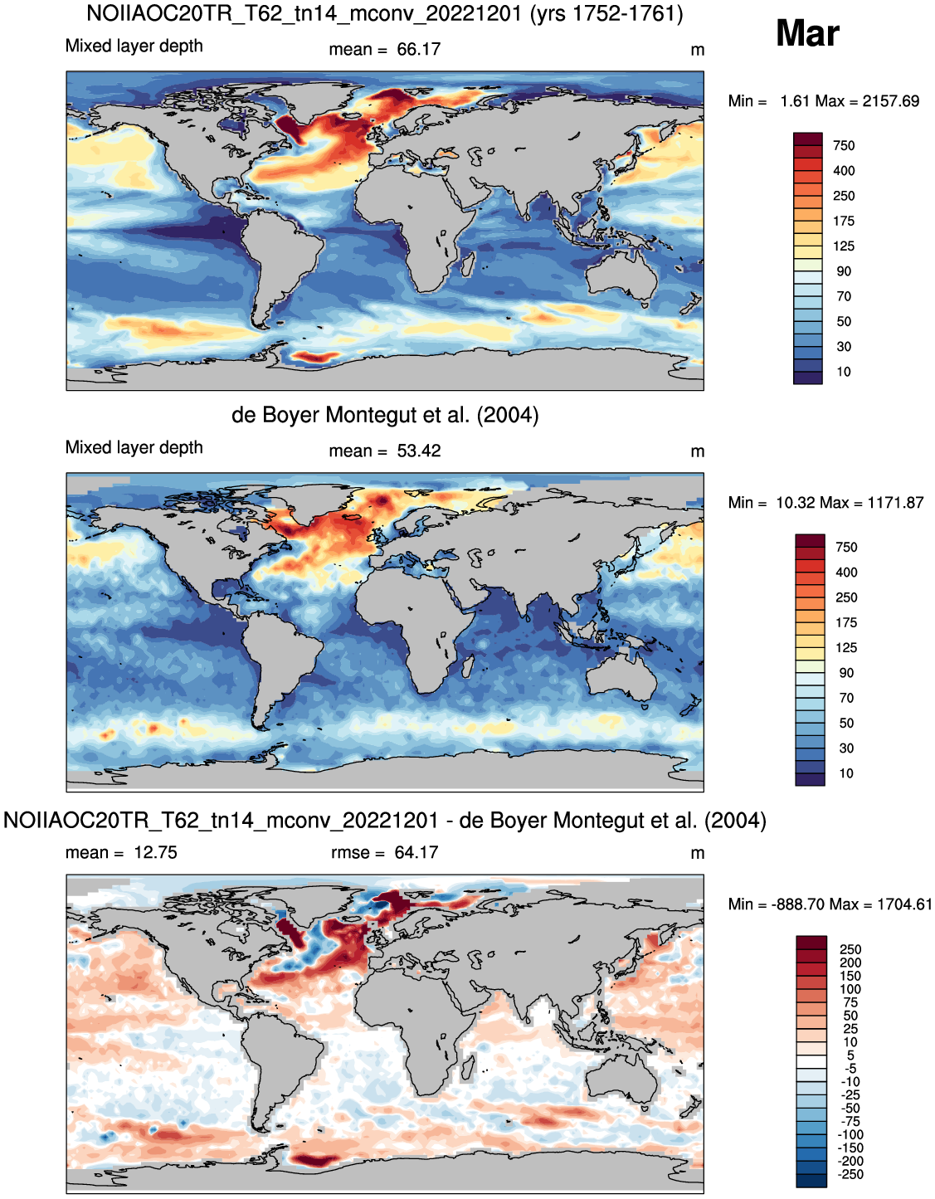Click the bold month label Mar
point(807,33)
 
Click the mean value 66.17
point(419,50)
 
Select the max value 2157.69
point(891,101)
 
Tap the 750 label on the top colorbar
point(844,146)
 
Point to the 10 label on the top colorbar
point(844,372)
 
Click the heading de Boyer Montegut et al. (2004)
point(385,416)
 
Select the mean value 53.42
point(419,451)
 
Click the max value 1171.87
point(894,503)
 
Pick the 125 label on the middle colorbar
point(846,648)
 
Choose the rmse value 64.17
point(416,853)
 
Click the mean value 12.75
point(156,853)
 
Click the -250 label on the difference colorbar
point(850,1175)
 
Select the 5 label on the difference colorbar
point(850,1055)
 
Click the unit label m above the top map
point(697,51)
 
